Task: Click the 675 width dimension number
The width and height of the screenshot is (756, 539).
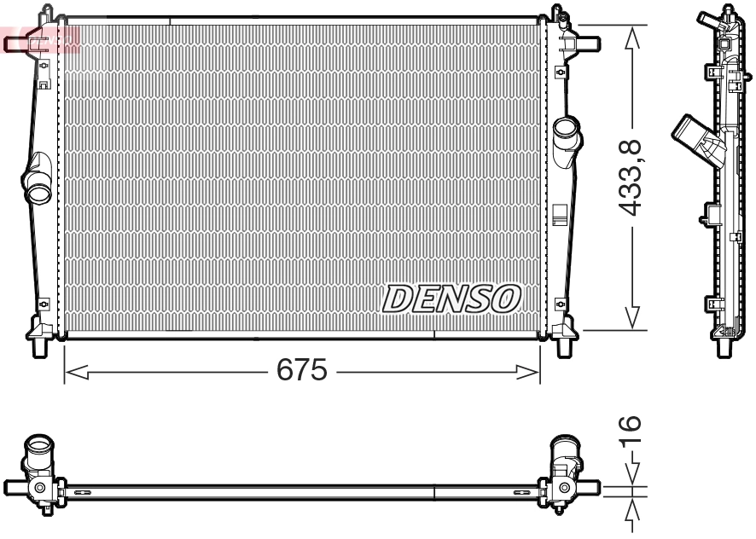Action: coord(300,370)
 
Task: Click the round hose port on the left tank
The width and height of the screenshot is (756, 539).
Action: coord(38,191)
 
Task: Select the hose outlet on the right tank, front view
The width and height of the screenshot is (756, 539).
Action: coord(566,135)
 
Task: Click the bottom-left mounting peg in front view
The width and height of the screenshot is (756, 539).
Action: coord(39,345)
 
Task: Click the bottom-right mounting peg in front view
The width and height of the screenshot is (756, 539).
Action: coord(564,345)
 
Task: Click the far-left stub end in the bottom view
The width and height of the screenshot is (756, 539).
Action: coord(11,487)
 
